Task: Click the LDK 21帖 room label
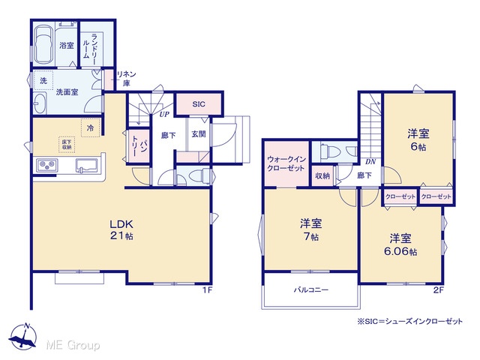pos(121,230)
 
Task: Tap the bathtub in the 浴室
pos(44,46)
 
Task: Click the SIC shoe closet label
pos(199,104)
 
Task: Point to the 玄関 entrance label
pos(199,134)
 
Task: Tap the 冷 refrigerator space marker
pos(90,127)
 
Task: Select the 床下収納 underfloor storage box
pos(67,145)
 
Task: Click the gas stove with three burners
pos(46,166)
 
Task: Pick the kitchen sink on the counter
pos(88,166)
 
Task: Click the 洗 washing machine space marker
pos(43,80)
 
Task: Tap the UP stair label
pos(164,115)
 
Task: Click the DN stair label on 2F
pos(370,162)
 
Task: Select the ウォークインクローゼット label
pos(286,163)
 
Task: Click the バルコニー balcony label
pos(311,289)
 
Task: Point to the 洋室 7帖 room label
pos(311,229)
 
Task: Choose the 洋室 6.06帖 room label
pos(400,244)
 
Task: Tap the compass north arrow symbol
pos(23,336)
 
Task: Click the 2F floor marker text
pos(438,289)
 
